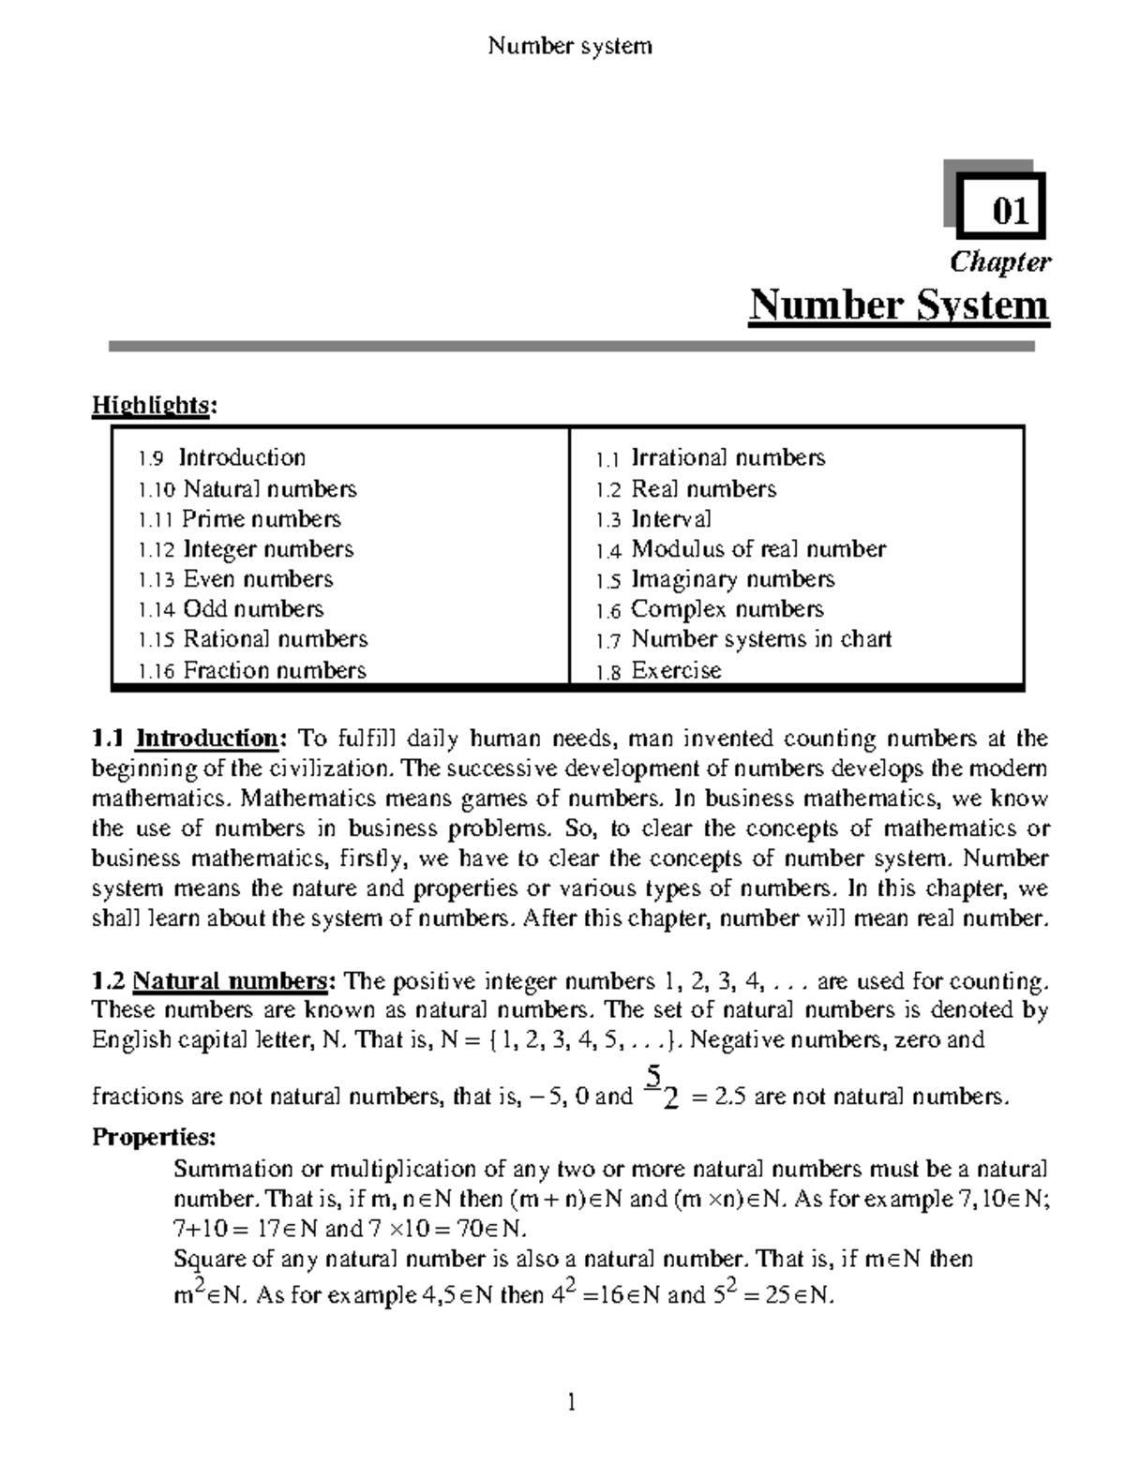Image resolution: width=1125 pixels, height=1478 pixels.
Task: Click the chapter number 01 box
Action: point(1008,208)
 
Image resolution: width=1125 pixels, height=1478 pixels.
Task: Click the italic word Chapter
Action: point(999,262)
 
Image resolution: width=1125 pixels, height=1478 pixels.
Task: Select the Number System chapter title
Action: point(898,306)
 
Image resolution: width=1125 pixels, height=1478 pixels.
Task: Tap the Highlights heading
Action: point(154,405)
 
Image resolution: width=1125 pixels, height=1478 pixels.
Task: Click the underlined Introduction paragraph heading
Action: point(207,739)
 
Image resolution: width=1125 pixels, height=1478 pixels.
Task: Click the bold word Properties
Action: point(154,1138)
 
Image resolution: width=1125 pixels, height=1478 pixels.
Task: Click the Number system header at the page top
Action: point(569,46)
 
